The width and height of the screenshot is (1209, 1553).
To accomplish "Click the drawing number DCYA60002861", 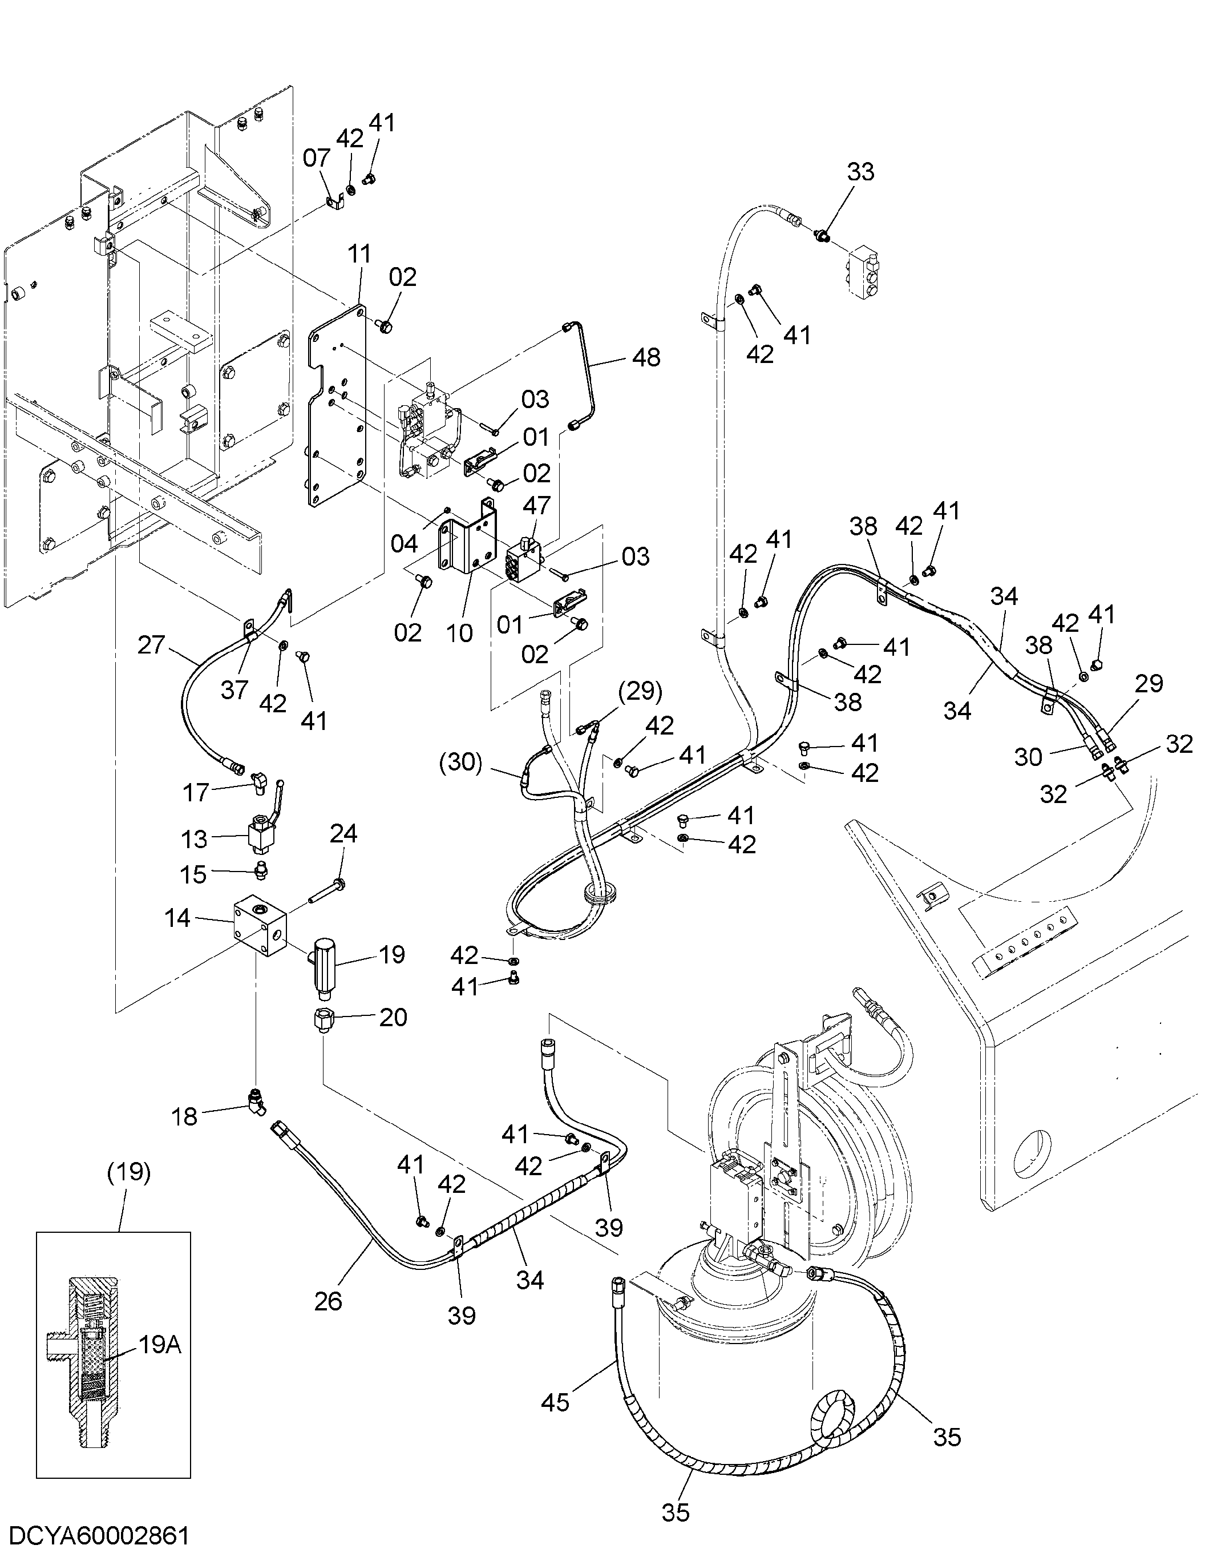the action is pos(95,1536).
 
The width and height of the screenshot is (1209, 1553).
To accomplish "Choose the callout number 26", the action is pos(329,1301).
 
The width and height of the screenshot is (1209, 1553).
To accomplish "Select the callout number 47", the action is pos(537,505).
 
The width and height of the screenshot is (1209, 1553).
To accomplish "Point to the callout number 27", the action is pos(151,646).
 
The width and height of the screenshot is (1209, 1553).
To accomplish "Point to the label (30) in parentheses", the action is pos(461,763).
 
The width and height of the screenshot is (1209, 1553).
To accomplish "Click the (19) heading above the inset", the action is pos(128,1171).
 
